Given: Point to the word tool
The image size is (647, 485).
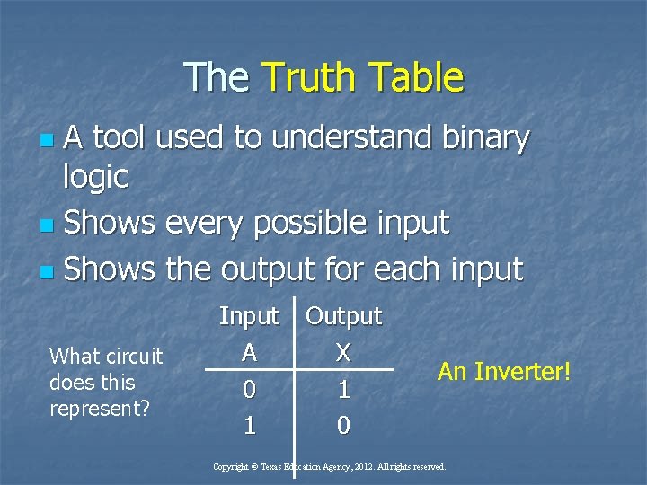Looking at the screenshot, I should pyautogui.click(x=126, y=138).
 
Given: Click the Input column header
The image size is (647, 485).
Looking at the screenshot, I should pyautogui.click(x=249, y=316).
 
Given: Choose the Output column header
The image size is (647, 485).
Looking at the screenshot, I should pyautogui.click(x=344, y=316).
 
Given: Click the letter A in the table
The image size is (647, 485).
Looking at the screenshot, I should pyautogui.click(x=249, y=353).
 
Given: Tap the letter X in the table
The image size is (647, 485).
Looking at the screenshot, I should pyautogui.click(x=342, y=353).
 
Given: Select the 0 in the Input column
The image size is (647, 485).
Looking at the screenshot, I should pyautogui.click(x=249, y=390).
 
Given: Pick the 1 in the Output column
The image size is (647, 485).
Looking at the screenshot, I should pyautogui.click(x=342, y=390).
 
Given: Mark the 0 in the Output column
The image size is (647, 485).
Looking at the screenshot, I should pyautogui.click(x=342, y=426).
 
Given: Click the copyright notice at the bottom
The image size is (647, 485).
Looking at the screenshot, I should pyautogui.click(x=329, y=467).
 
